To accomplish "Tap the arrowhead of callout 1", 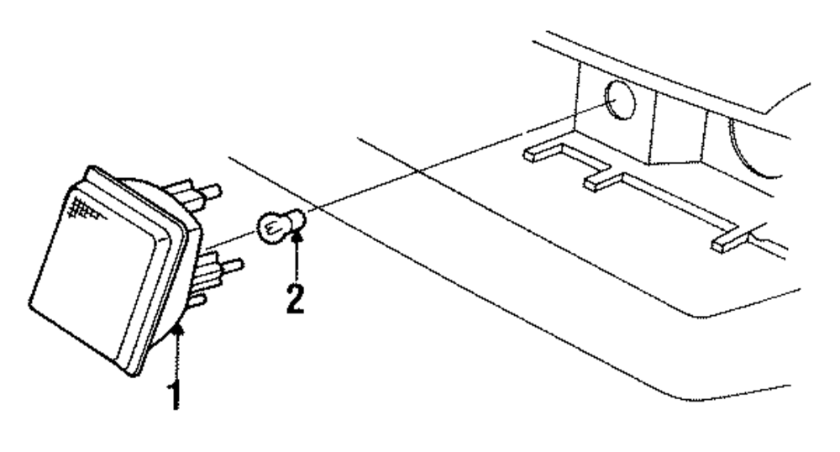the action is tap(177, 333).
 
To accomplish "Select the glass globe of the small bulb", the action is tap(267, 226).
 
